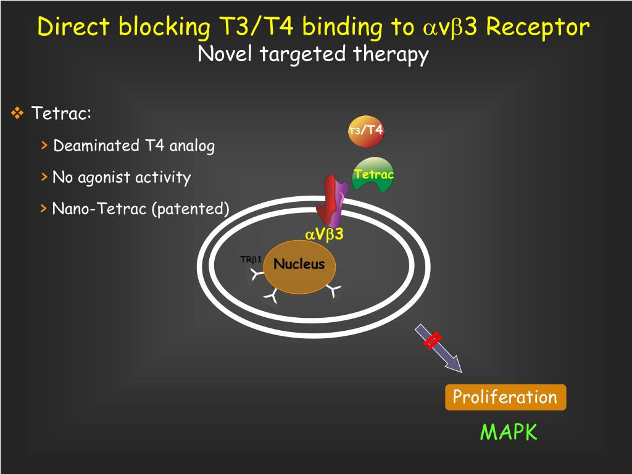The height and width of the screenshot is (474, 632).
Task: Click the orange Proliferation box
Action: pyautogui.click(x=505, y=397)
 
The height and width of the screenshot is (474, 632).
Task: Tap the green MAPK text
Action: pyautogui.click(x=509, y=432)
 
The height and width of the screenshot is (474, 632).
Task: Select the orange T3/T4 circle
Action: pyautogui.click(x=366, y=131)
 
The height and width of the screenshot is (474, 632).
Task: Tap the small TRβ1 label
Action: pyautogui.click(x=251, y=259)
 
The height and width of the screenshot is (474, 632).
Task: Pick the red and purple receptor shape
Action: pyautogui.click(x=330, y=200)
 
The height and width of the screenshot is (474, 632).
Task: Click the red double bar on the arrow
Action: pyautogui.click(x=433, y=340)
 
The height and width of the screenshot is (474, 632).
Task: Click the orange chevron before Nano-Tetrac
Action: pyautogui.click(x=44, y=209)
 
